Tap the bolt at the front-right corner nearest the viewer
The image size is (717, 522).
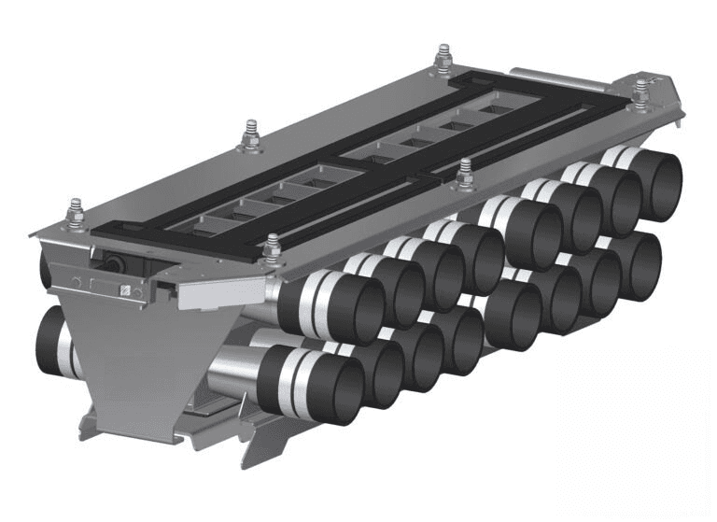(272, 249)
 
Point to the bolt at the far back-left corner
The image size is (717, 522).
(443, 59)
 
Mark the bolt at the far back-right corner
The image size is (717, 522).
(640, 93)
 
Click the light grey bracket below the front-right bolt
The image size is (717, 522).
(213, 293)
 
